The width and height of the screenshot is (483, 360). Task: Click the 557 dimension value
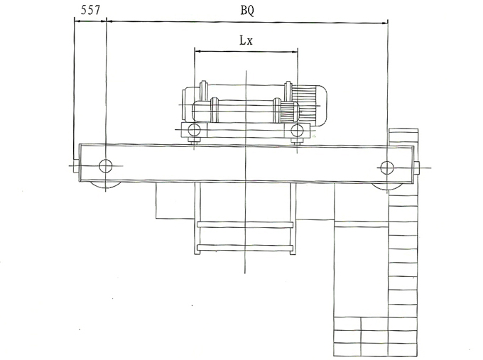click(x=91, y=10)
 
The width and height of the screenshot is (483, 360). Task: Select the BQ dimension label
click(x=247, y=11)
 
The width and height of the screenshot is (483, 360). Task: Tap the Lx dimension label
click(x=246, y=40)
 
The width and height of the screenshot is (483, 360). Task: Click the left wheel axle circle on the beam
click(x=106, y=166)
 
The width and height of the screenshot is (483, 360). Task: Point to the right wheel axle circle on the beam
click(x=387, y=168)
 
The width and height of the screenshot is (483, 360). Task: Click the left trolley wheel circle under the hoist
click(x=194, y=130)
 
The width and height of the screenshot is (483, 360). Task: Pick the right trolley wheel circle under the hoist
click(x=297, y=131)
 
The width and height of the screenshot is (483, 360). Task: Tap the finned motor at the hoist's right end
click(x=309, y=105)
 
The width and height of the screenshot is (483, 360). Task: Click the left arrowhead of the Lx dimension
click(x=198, y=51)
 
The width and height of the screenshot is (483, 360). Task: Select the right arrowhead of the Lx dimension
click(x=295, y=52)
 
